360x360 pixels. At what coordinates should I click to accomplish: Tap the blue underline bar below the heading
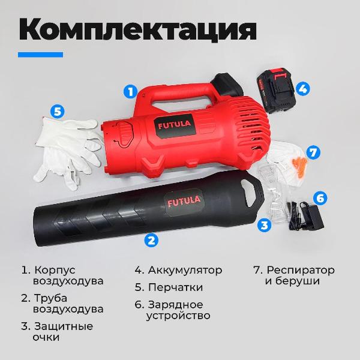click(x=40, y=55)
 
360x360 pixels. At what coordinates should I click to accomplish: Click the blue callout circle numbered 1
click(x=129, y=92)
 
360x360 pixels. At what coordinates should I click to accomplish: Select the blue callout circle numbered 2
click(x=151, y=240)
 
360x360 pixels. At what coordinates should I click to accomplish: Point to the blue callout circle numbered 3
click(x=264, y=226)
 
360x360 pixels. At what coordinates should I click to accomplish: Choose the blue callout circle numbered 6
click(x=320, y=197)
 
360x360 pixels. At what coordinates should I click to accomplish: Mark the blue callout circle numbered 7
click(x=312, y=152)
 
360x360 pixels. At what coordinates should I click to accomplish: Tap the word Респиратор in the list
click(x=301, y=269)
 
